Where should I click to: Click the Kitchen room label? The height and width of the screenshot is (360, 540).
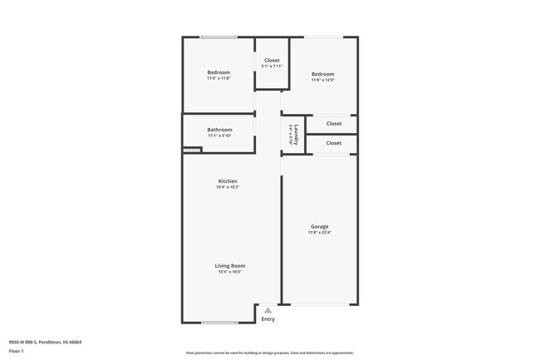(x=228, y=181)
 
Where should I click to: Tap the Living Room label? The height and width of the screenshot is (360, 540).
(x=230, y=266)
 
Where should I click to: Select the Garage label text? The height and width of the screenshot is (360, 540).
(x=319, y=227)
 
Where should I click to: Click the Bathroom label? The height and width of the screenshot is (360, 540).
(x=219, y=130)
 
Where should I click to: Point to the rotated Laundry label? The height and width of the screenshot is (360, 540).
(x=296, y=133)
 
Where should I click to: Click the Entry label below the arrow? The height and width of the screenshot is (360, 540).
(x=268, y=319)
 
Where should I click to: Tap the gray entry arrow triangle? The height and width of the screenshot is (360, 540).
(x=268, y=310)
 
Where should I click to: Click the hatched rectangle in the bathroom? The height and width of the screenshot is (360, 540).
(x=192, y=150)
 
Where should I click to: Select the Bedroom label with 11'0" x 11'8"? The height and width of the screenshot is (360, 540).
(x=218, y=72)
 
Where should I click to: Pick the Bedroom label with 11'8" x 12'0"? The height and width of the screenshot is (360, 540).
(x=322, y=73)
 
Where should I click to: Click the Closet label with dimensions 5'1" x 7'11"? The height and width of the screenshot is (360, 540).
(x=272, y=60)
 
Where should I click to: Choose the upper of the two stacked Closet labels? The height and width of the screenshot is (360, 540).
(x=333, y=124)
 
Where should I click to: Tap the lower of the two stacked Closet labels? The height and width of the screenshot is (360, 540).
(x=333, y=143)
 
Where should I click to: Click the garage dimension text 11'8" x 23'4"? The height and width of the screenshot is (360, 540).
(x=319, y=233)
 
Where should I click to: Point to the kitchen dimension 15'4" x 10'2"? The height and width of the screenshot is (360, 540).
(x=228, y=187)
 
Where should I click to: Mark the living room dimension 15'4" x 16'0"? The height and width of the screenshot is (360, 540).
(x=230, y=272)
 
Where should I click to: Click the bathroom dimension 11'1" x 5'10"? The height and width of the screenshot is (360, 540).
(x=219, y=136)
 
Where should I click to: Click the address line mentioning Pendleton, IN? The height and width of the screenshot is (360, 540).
(x=45, y=342)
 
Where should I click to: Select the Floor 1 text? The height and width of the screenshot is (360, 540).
(x=17, y=351)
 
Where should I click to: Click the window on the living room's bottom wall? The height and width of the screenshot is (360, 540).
(x=219, y=323)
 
